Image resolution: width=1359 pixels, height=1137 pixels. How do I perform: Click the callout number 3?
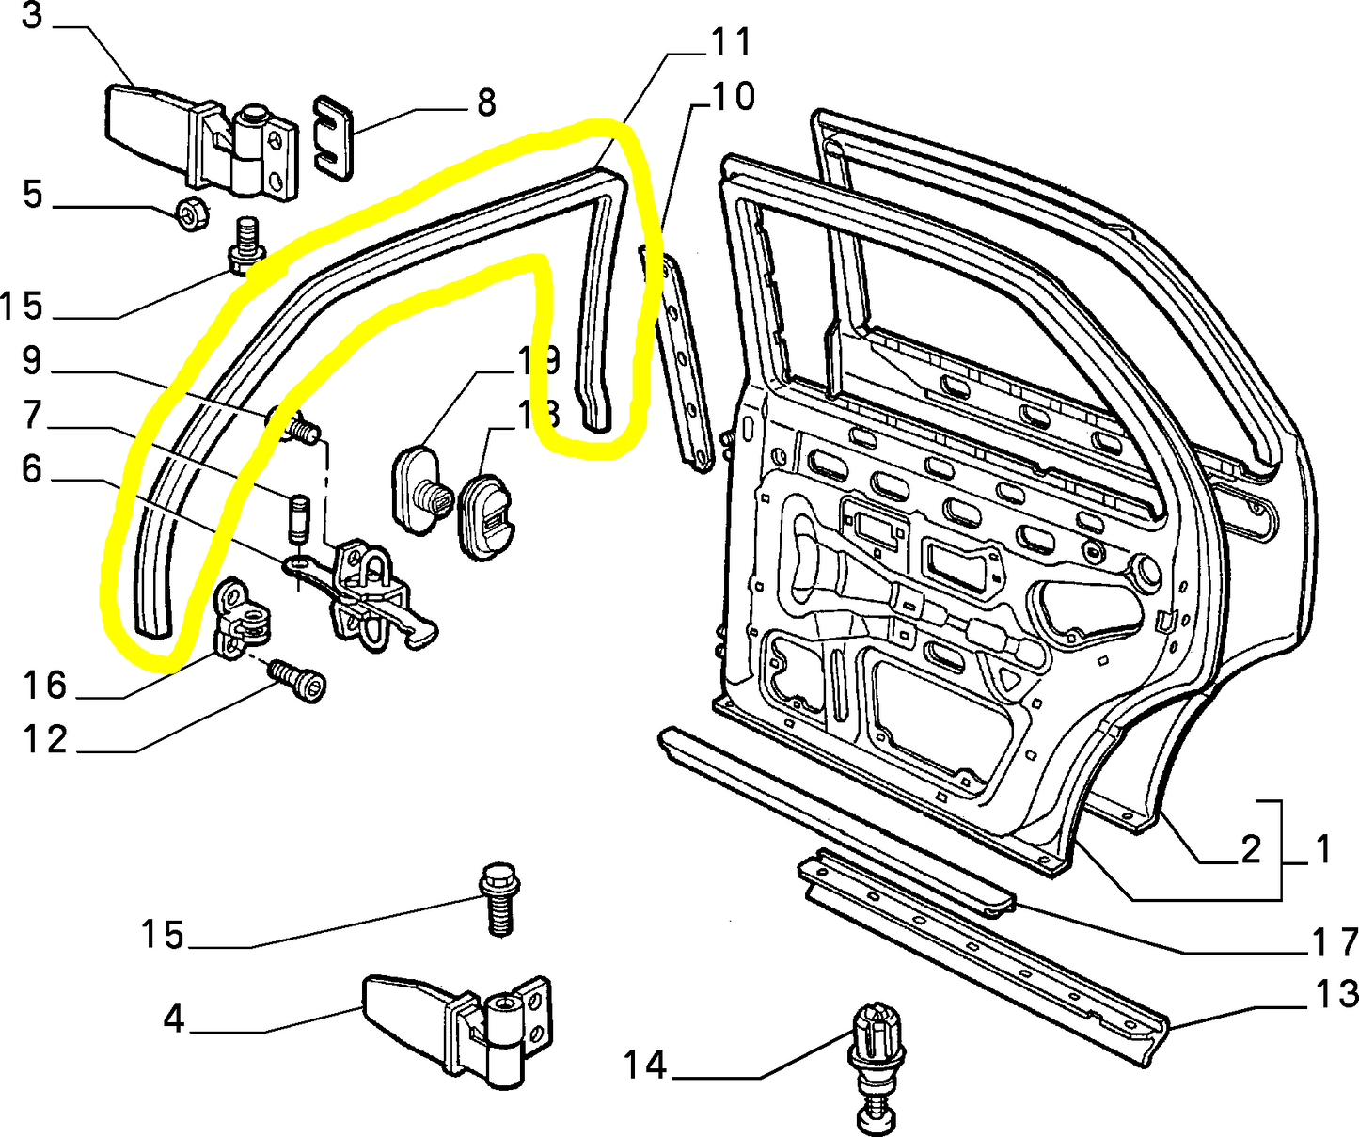31,16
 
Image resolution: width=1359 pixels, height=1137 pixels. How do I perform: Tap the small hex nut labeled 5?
192,216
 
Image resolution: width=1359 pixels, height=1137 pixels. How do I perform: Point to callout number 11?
731,42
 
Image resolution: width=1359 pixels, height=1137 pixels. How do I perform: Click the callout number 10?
733,97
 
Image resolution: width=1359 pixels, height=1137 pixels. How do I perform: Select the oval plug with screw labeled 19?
417,491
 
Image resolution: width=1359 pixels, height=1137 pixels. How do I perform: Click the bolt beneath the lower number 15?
498,901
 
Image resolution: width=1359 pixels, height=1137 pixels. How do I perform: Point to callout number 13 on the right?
1336,994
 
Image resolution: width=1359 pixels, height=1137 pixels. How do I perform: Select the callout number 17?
1335,941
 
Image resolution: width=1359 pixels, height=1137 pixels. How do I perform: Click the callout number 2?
1250,849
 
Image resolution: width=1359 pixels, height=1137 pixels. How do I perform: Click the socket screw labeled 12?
298,679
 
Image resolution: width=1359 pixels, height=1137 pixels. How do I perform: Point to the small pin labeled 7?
297,517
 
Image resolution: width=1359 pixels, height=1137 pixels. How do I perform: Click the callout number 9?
31,360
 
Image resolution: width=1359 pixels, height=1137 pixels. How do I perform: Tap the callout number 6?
31,467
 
